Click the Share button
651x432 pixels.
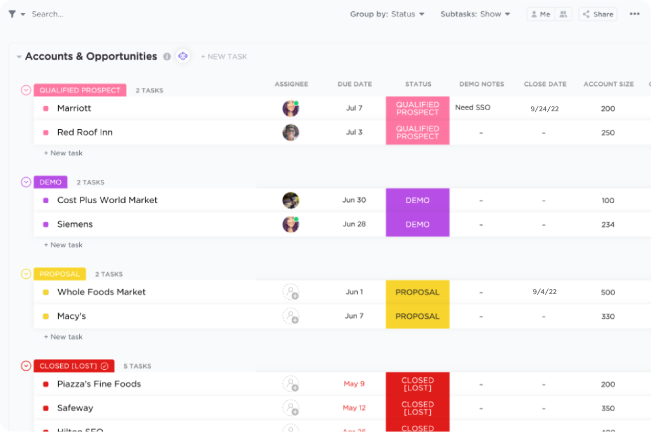click(598, 14)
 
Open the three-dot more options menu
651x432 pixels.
click(634, 14)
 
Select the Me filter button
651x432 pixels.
click(540, 14)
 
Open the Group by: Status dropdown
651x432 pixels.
click(387, 14)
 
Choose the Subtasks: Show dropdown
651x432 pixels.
click(475, 14)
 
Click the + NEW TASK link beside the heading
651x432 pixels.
click(224, 57)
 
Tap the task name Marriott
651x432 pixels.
click(74, 108)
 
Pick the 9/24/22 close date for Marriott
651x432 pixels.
click(544, 109)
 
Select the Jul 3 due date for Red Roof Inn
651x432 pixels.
click(354, 132)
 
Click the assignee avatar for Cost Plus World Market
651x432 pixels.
click(291, 200)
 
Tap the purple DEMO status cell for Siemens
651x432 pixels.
click(417, 224)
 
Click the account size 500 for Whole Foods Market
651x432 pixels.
click(608, 293)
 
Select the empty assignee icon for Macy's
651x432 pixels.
click(291, 316)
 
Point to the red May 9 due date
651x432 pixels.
click(354, 384)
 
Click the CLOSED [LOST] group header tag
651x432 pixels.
click(74, 366)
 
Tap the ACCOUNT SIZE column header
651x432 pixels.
click(608, 84)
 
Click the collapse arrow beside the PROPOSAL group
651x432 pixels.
click(26, 274)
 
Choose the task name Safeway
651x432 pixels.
click(75, 408)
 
